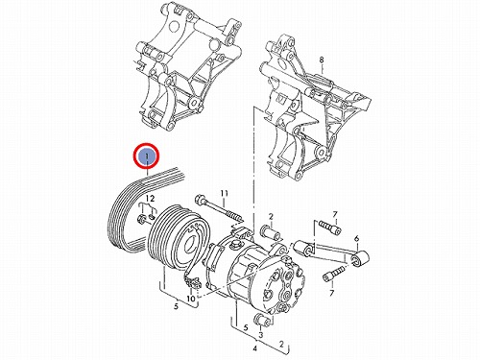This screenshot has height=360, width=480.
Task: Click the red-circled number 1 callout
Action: [x=146, y=156]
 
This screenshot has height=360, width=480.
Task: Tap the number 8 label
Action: [x=322, y=60]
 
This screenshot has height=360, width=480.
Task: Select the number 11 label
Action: [x=224, y=193]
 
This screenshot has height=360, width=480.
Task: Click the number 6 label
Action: [x=357, y=238]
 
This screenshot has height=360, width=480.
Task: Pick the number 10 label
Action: [x=190, y=299]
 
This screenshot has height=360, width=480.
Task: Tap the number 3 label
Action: [x=261, y=335]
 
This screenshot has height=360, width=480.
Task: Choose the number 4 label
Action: [x=254, y=348]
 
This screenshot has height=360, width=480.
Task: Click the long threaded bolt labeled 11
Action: [x=218, y=209]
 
